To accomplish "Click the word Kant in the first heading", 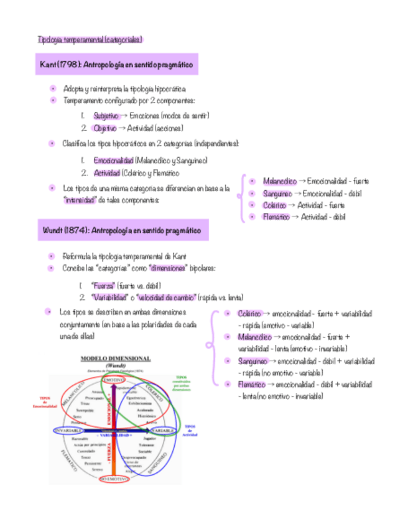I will [47, 65].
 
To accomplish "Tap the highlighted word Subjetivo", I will [106, 116].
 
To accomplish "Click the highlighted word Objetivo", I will [104, 128].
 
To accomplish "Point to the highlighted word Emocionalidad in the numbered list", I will [113, 160].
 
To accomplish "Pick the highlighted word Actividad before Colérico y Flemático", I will [106, 173].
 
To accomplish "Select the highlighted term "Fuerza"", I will [103, 285].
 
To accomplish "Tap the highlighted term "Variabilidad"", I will [111, 297].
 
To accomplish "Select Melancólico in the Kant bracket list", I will [279, 181].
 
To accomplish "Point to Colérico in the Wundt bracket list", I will [249, 314].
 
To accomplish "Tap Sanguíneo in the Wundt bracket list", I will [253, 361].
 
